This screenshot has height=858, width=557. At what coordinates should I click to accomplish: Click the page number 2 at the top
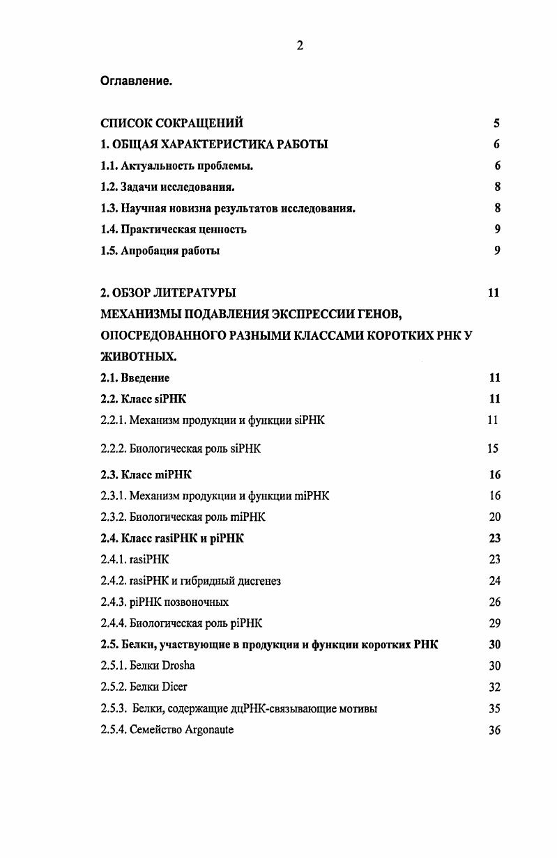click(x=299, y=46)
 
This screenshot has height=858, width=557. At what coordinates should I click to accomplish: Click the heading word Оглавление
click(x=136, y=81)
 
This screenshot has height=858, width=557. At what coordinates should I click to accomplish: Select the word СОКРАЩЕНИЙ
click(x=200, y=123)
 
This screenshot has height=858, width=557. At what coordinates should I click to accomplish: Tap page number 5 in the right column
click(x=496, y=124)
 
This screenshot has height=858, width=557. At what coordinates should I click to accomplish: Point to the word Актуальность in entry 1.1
click(x=155, y=166)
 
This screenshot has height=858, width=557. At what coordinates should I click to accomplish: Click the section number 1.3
click(x=109, y=208)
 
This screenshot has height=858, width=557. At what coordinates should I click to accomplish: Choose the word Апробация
click(x=148, y=251)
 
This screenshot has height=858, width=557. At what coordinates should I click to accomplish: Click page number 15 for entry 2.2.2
click(x=493, y=449)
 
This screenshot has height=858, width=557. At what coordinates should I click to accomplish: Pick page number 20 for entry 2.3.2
click(x=494, y=517)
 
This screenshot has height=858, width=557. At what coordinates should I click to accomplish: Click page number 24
click(x=494, y=581)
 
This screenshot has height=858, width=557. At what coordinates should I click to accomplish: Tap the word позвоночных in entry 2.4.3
click(x=198, y=602)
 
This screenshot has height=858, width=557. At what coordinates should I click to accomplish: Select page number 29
click(x=494, y=623)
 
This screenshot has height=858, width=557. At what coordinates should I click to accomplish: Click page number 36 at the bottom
click(x=494, y=731)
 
